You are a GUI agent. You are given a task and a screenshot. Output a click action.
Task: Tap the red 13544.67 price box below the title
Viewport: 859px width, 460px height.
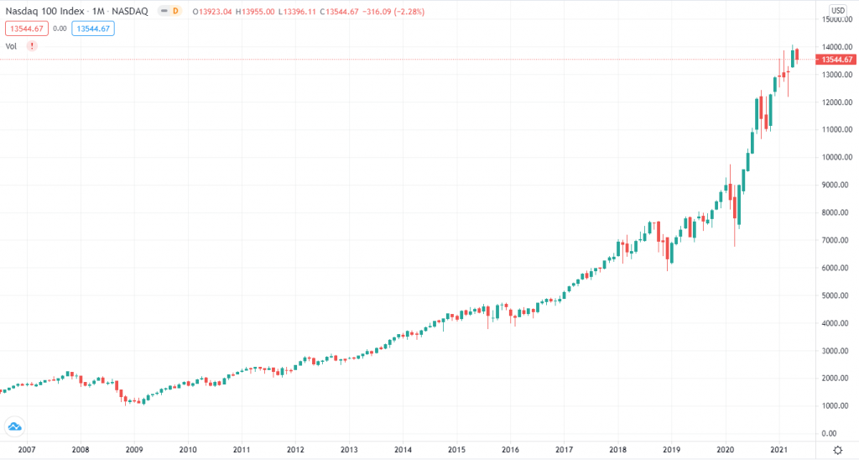[x=23, y=28]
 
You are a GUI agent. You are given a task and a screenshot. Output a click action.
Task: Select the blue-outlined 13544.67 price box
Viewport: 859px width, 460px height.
[x=93, y=28]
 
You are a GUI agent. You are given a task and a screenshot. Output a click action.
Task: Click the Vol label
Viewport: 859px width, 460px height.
[x=12, y=46]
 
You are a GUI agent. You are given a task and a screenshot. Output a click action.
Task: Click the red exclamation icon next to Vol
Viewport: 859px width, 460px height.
[x=32, y=46]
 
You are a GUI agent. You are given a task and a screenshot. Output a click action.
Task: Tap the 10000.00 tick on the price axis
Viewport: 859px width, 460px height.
[x=837, y=157]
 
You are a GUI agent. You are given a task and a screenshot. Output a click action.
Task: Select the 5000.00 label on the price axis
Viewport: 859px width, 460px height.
[x=837, y=295]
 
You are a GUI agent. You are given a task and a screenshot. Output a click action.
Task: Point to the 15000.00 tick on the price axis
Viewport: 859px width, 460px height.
[x=837, y=19]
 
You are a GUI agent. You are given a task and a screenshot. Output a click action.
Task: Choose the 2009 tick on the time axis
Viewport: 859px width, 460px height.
[x=133, y=450]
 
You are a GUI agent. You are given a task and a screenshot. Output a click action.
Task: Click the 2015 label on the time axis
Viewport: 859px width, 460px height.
[x=456, y=450]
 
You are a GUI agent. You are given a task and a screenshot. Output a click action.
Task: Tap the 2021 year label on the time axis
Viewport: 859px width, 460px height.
[x=779, y=450]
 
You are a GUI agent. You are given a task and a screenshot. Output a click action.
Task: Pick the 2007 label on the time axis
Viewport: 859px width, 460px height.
[x=26, y=450]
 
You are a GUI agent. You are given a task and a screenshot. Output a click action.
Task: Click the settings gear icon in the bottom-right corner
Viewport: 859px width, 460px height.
[x=837, y=449]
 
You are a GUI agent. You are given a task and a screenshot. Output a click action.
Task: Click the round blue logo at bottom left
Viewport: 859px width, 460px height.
[x=13, y=426]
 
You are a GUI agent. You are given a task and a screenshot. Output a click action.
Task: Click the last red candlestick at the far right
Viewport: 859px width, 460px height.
[x=797, y=55]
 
